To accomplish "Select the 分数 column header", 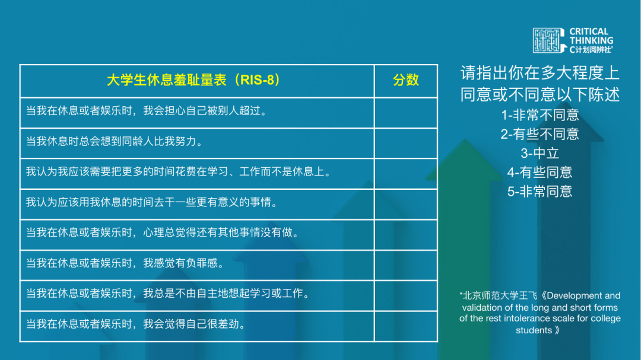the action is (405, 80).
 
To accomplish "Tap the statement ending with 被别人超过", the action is (147, 111).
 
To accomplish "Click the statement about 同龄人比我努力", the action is (115, 141).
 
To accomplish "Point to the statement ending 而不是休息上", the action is (179, 171).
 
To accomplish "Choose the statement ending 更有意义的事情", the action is (152, 202).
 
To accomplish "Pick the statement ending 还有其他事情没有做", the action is (163, 232).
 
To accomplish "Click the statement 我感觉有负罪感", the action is (125, 263).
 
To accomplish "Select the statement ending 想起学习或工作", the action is (168, 294).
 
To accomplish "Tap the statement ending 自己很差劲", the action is (136, 324).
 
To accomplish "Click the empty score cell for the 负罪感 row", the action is (405, 265).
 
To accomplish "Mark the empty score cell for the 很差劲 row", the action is (405, 326).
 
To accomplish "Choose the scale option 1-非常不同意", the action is (540, 115).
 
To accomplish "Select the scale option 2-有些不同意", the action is (540, 135).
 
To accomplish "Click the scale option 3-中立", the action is (540, 153).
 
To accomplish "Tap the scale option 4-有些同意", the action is (540, 173).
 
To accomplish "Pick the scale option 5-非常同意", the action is (540, 191).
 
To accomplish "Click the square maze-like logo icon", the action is (548, 40).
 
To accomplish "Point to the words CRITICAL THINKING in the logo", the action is (591, 36).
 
